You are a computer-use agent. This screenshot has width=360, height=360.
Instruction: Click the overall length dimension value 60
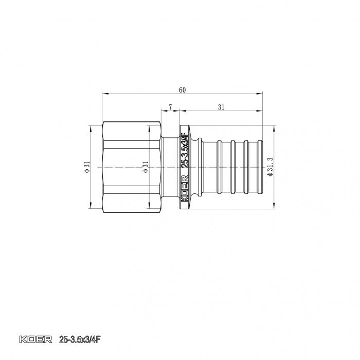[x=182, y=90]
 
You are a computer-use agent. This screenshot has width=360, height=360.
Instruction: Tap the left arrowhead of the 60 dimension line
[x=104, y=94]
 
